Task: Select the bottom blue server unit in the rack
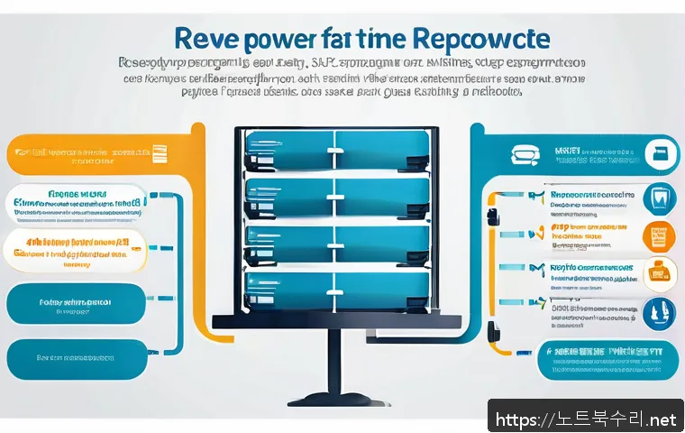point(336,289)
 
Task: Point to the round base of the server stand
point(334,399)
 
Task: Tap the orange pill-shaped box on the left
point(87,156)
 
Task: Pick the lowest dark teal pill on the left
point(76,359)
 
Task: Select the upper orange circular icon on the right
point(659,235)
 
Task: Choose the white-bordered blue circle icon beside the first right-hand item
point(659,196)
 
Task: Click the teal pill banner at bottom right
point(600,359)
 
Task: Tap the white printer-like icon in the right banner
point(524,155)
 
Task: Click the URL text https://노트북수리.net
point(585,419)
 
